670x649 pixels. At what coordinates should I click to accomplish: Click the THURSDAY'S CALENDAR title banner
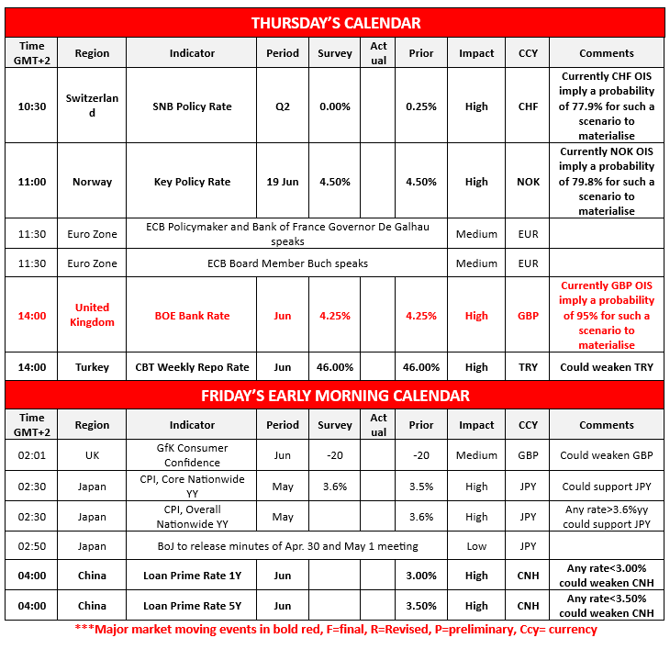pos(336,23)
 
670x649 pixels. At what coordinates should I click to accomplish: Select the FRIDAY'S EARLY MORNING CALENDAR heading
pos(336,396)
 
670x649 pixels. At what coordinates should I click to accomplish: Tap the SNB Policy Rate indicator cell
pos(192,106)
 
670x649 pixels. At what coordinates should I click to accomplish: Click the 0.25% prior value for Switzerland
pos(421,106)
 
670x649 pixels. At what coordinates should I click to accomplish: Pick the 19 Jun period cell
pos(283,182)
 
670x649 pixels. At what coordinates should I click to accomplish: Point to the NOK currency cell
pos(528,182)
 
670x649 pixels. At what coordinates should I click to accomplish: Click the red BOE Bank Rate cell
pos(192,316)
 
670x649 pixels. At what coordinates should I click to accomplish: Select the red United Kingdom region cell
pos(92,315)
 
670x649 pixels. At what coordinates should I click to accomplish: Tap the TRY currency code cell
pos(528,367)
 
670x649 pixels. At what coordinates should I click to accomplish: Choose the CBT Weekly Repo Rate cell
pos(192,367)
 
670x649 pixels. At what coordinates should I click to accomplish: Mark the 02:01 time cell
pos(31,456)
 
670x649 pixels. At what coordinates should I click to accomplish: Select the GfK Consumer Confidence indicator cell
pos(192,456)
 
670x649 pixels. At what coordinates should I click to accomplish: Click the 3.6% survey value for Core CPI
pos(334,487)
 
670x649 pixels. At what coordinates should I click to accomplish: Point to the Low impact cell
pos(476,546)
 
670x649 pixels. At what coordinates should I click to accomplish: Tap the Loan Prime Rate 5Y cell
pos(192,606)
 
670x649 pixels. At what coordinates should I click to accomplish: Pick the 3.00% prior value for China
pos(421,576)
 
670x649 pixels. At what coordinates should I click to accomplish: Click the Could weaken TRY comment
pos(606,367)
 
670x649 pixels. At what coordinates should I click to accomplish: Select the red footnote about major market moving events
pos(336,630)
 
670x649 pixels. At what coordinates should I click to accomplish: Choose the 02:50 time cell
pos(31,546)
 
